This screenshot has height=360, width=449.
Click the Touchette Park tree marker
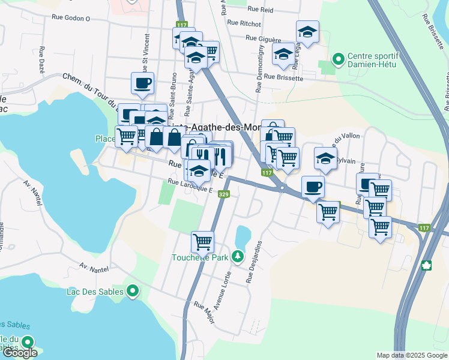tap(238, 257)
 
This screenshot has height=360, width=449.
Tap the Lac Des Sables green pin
tap(133, 292)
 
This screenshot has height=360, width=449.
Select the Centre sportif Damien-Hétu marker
tap(339, 59)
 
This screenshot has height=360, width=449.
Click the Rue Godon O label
tap(71, 19)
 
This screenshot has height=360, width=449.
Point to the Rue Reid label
tap(260, 10)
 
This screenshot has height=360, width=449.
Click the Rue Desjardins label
tap(254, 262)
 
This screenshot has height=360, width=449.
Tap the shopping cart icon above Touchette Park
tap(202, 242)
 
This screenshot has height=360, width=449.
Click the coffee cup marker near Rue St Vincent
tap(142, 83)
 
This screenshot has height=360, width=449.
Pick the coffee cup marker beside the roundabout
tap(312, 187)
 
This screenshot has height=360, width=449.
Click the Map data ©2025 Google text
tap(412, 355)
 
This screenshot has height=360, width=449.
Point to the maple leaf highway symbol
tap(428, 265)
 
